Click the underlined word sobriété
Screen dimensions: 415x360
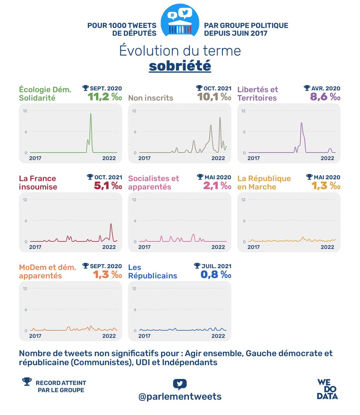180,66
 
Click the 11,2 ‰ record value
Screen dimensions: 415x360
105,96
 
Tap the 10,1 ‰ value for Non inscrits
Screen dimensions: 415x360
214,96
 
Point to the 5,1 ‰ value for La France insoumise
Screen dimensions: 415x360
108,186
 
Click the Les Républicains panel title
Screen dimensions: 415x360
152,271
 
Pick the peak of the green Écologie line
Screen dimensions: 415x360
91,114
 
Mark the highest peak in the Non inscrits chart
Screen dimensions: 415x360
220,118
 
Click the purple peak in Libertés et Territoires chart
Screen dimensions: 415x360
302,123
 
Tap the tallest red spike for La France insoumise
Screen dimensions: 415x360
111,224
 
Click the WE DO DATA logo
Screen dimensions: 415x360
327,389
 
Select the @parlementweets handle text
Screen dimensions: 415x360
180,396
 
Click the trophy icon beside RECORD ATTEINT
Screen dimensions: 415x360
27,381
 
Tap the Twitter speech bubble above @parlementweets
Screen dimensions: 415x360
180,384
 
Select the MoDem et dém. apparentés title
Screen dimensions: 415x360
47,271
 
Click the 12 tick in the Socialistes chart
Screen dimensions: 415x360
134,200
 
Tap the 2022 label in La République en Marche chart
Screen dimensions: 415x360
327,247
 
